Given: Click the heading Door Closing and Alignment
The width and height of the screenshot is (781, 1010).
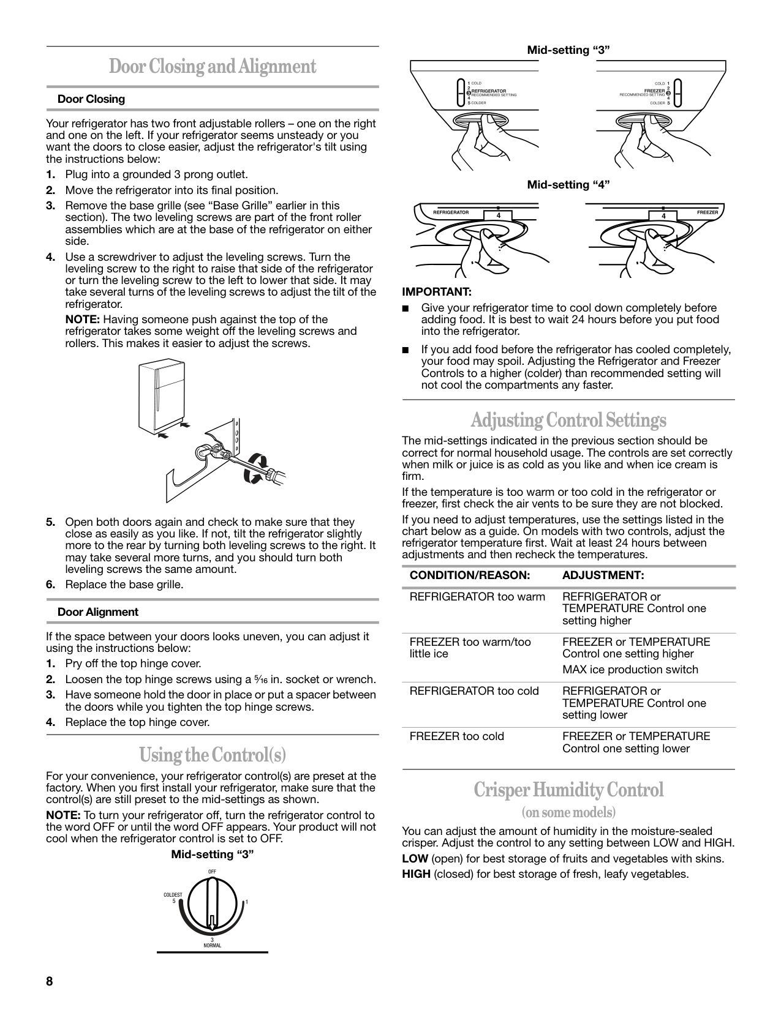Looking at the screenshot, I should click(213, 67).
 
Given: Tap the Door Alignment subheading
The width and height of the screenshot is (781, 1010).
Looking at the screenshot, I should click(98, 612).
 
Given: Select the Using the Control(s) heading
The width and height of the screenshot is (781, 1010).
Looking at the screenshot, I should click(213, 754).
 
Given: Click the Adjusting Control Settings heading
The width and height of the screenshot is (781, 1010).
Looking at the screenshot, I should click(568, 421).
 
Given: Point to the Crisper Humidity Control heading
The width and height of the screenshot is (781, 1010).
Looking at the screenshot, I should click(568, 790).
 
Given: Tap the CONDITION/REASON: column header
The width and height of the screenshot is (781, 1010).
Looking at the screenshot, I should click(469, 575).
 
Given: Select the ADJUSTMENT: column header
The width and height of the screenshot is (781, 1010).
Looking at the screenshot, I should click(603, 575).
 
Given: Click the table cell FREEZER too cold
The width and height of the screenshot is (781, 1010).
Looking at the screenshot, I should click(456, 736).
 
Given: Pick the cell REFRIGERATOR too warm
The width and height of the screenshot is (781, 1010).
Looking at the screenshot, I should click(477, 596).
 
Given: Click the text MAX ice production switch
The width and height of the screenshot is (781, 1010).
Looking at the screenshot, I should click(630, 670).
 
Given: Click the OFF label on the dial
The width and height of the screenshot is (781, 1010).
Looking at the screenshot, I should click(212, 872).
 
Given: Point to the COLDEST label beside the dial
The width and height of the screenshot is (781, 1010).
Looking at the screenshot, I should click(173, 895).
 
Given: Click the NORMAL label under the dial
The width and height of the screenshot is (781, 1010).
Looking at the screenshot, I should click(212, 946).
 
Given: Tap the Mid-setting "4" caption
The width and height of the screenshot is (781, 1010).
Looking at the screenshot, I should click(568, 185).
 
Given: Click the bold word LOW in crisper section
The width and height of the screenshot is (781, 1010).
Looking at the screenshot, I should click(415, 858).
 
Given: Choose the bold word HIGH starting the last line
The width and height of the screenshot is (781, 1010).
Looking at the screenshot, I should click(417, 873).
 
